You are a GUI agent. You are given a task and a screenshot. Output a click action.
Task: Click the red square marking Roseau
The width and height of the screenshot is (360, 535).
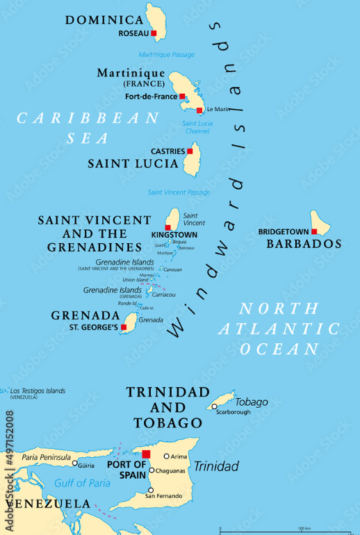(x=154, y=33)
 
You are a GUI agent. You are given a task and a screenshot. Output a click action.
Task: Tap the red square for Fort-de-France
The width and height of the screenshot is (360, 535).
(x=182, y=97)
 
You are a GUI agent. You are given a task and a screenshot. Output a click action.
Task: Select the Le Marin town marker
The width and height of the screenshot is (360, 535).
(x=199, y=110)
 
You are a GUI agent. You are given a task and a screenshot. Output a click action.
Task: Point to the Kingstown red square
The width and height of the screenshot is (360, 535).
(x=167, y=227)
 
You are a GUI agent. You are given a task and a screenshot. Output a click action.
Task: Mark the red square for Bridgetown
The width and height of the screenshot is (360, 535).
(x=314, y=231)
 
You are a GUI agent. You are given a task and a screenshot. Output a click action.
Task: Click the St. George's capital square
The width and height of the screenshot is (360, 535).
(x=124, y=327)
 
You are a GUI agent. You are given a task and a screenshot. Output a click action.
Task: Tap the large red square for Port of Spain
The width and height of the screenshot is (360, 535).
(x=146, y=454)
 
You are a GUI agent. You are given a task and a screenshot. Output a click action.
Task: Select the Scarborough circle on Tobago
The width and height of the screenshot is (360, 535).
(x=215, y=406)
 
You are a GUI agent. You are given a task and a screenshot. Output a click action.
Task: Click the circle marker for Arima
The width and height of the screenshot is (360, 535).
(x=166, y=456)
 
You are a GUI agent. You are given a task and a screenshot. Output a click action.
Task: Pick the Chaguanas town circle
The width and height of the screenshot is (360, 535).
(x=152, y=470)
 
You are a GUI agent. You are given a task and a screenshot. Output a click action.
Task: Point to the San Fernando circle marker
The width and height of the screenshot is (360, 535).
(x=150, y=490)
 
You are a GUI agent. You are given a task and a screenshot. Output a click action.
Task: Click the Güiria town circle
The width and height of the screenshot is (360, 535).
(x=74, y=463)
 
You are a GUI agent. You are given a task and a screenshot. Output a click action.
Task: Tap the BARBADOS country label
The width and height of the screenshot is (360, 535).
(x=305, y=244)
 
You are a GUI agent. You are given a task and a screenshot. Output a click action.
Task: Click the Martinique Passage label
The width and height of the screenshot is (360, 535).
(x=166, y=55)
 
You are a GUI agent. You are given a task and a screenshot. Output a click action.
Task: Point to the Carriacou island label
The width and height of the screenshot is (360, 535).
(x=164, y=295)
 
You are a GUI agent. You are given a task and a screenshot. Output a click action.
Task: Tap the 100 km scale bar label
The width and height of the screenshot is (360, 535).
(x=304, y=529)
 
